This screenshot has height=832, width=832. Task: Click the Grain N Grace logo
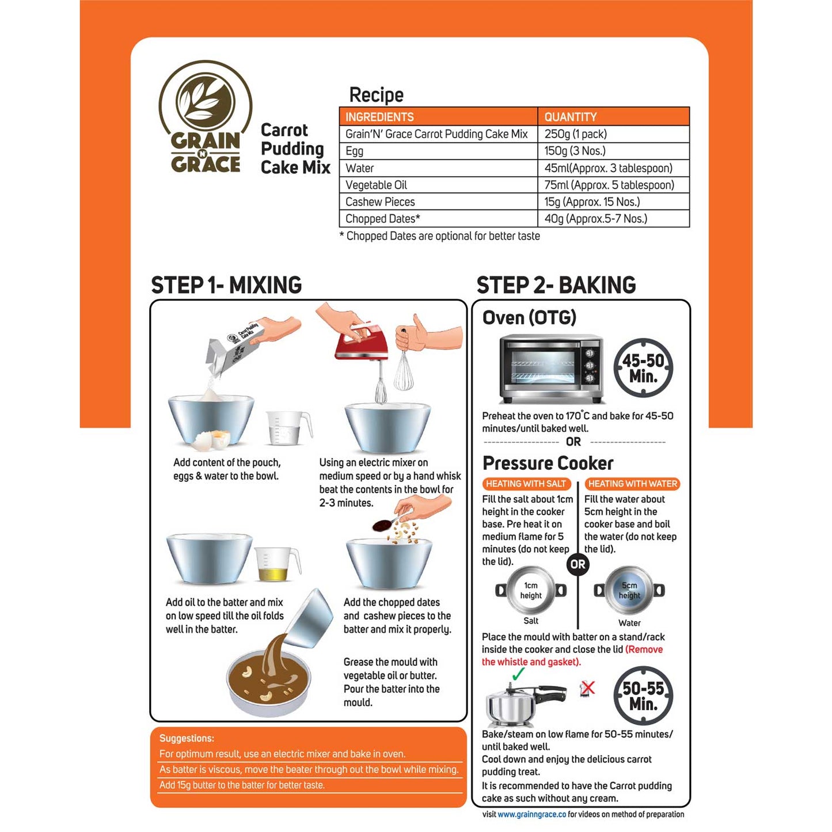coord(206,117)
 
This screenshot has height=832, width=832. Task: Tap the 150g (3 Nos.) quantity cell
coord(613,151)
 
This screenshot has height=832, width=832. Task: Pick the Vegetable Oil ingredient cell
coord(438,185)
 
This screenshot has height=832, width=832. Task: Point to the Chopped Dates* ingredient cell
coord(438,218)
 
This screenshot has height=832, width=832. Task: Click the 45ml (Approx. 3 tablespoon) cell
coord(613,168)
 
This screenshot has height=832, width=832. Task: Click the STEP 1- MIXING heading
coord(226,285)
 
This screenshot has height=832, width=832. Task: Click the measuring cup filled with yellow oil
coord(277,564)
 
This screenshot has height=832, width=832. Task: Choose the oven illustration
coord(551,368)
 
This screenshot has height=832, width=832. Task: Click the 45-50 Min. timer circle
coord(643,368)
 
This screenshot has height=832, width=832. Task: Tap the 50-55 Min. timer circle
coord(643,696)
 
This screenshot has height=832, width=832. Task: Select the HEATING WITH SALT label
coord(526,484)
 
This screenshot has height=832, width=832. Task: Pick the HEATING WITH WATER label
coord(633,484)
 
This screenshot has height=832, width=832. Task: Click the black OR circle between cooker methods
coord(578,564)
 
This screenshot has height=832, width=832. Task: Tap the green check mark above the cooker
coord(518,673)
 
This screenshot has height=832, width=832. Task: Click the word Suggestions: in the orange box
coord(187,738)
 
